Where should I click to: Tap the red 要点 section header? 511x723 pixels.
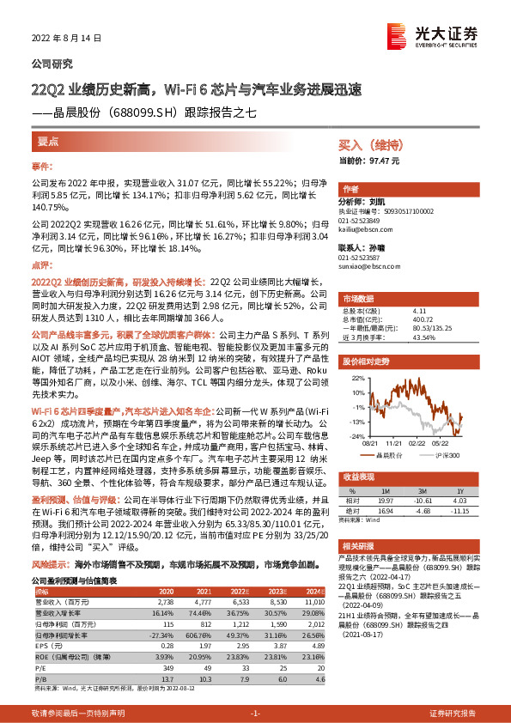[48, 140]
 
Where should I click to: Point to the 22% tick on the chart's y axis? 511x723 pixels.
[357, 376]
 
